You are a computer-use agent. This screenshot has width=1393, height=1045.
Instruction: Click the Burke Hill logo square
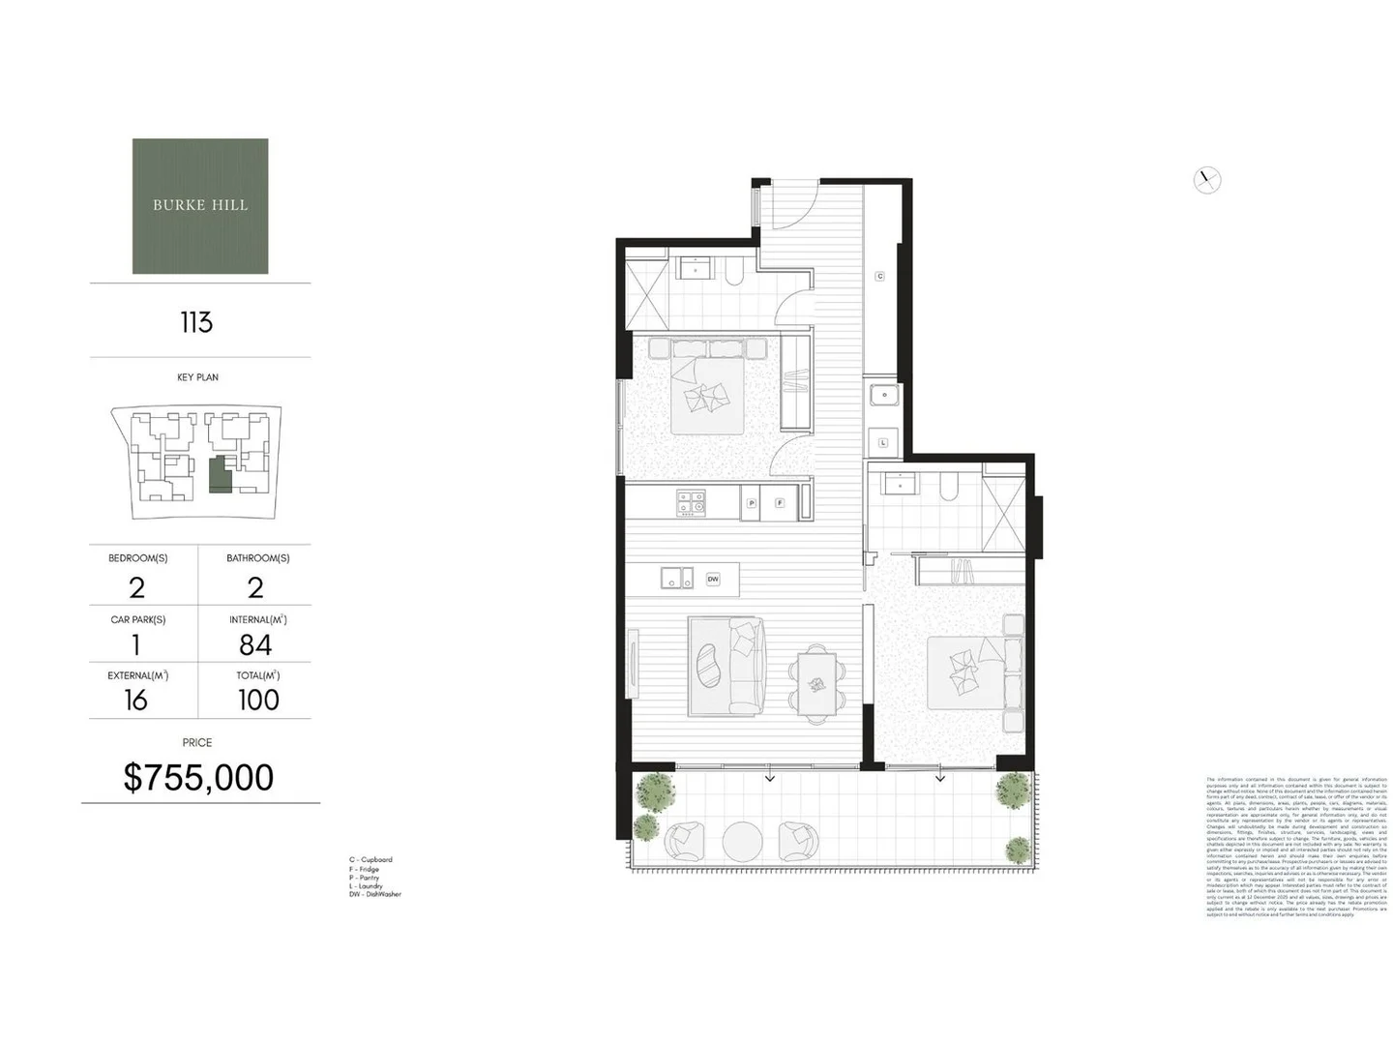(200, 206)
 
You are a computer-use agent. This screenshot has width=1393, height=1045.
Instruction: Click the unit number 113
(196, 322)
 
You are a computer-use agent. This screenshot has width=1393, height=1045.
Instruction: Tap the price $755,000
(198, 777)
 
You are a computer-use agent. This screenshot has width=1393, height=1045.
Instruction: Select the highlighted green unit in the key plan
(221, 473)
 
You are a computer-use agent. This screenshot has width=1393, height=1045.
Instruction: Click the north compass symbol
(1206, 180)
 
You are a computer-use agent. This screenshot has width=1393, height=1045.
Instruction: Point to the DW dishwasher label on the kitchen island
(713, 579)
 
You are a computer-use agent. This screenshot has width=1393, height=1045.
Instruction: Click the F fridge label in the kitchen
(779, 503)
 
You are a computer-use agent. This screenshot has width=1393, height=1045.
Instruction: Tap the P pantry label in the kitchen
(752, 503)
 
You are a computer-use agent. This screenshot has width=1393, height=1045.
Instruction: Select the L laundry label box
(883, 442)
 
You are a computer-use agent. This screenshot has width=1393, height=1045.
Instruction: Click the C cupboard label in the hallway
(879, 277)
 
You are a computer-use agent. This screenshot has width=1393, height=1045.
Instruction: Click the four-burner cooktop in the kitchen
(691, 503)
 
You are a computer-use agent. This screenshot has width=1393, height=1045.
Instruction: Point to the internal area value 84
(255, 644)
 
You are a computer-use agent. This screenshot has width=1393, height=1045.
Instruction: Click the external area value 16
(136, 700)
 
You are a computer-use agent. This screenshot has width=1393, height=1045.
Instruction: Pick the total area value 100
(258, 700)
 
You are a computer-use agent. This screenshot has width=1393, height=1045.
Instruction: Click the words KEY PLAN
(197, 377)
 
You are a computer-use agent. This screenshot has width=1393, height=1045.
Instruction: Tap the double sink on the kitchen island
(677, 578)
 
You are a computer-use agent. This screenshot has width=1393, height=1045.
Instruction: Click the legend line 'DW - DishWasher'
(375, 894)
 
